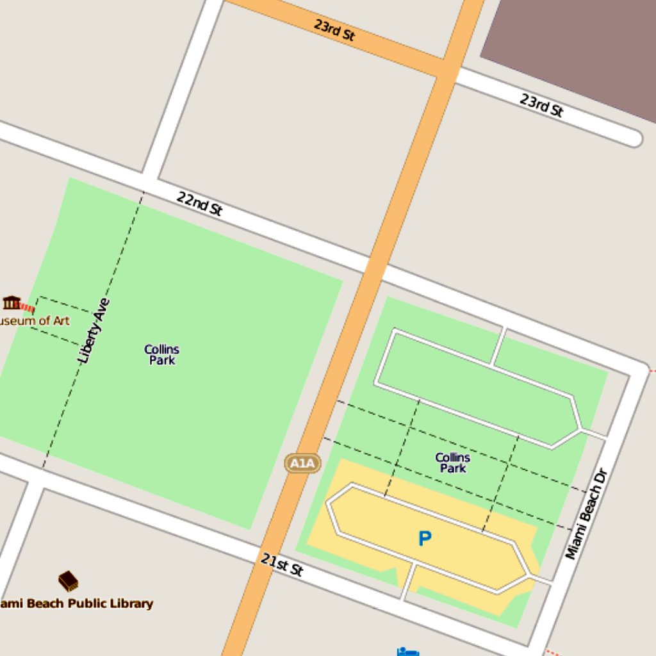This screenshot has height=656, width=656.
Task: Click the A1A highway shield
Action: (302, 463)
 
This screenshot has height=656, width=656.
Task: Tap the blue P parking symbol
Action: (424, 539)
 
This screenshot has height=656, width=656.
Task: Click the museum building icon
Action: (12, 302)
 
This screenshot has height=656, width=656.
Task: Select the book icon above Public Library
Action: (68, 580)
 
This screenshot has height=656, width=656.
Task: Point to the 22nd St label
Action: (199, 204)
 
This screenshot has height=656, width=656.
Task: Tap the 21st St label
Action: (282, 564)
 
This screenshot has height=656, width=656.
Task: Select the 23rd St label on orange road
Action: (334, 29)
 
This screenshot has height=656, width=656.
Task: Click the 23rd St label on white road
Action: (541, 105)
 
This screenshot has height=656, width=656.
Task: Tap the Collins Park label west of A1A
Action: (161, 354)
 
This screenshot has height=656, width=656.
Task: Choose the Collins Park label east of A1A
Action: (453, 463)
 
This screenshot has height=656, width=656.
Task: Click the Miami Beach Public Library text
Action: (76, 603)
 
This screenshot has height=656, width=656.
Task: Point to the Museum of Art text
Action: (35, 320)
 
